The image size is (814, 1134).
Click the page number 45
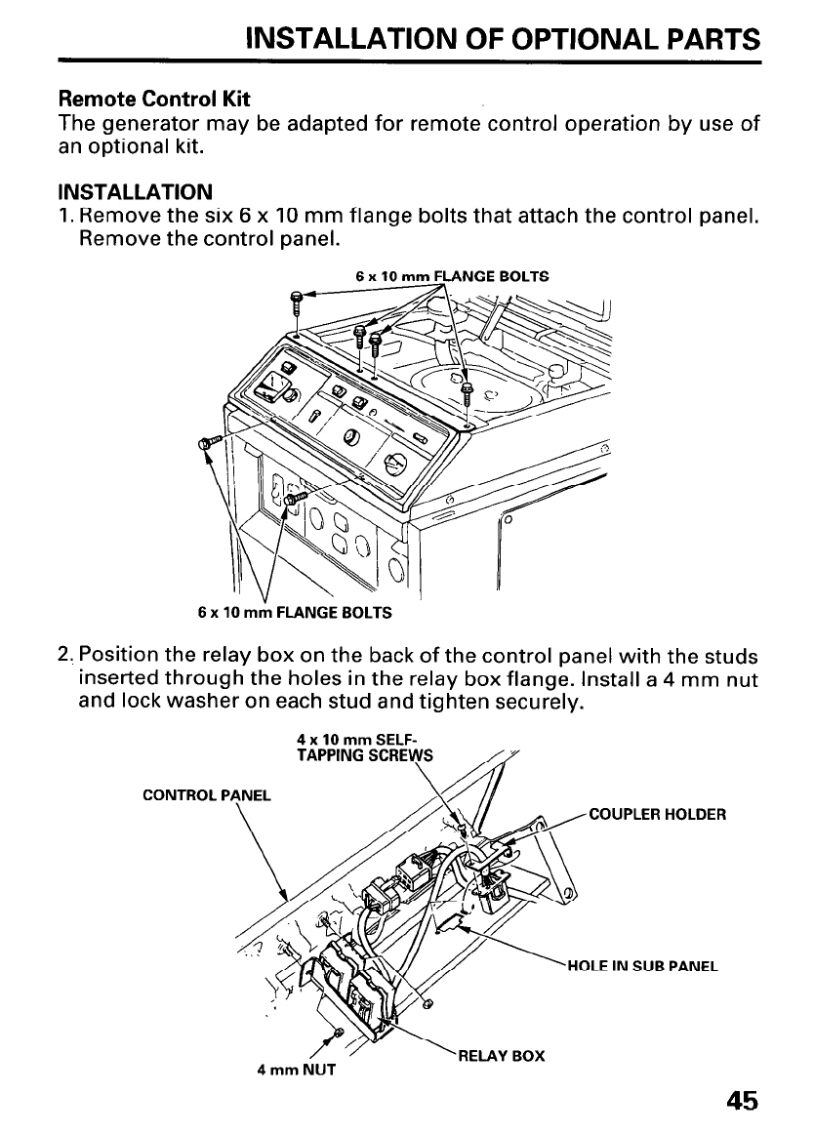(743, 1101)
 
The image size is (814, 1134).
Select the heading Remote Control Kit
(154, 99)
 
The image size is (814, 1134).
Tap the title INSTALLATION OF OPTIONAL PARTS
(503, 38)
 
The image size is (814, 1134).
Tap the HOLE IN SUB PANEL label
(642, 967)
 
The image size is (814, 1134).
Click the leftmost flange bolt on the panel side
(206, 442)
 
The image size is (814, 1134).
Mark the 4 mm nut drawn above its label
(339, 1033)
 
